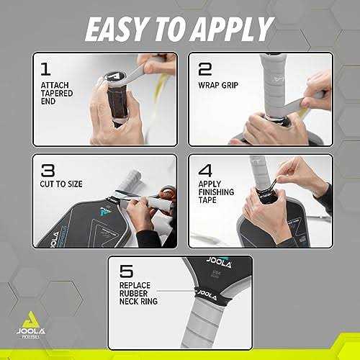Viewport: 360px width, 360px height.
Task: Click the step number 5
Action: pos(127,273)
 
